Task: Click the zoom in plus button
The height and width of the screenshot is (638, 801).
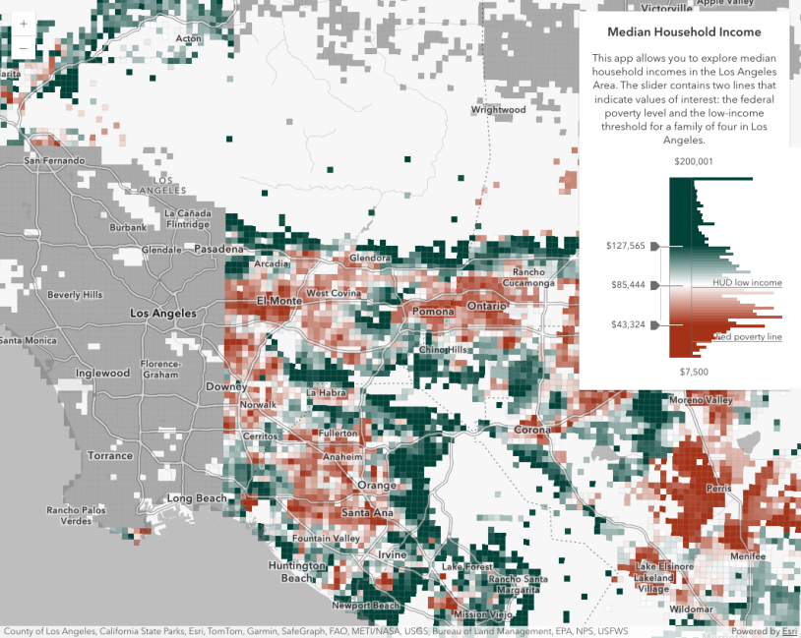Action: click(x=23, y=24)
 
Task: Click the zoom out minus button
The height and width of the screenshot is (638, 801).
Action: click(x=23, y=48)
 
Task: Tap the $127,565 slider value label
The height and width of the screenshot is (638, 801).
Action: click(x=625, y=246)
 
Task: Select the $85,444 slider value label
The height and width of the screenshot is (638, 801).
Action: click(x=628, y=285)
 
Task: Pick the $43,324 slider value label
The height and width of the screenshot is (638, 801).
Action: click(x=628, y=324)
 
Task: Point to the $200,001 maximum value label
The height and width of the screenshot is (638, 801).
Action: click(x=694, y=161)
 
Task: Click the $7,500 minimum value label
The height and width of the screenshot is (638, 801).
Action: click(x=694, y=372)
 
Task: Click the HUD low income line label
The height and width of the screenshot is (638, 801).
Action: click(x=747, y=283)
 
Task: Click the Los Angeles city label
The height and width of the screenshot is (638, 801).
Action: click(x=163, y=314)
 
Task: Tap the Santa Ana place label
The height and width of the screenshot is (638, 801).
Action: click(x=369, y=513)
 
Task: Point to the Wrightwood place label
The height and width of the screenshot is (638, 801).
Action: click(x=499, y=110)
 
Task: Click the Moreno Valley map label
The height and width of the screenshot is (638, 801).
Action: click(x=701, y=400)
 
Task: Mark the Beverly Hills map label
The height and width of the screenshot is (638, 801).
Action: click(x=76, y=295)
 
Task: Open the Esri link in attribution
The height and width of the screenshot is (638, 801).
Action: click(x=789, y=631)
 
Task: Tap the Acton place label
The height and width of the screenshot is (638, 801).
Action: click(x=188, y=39)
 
